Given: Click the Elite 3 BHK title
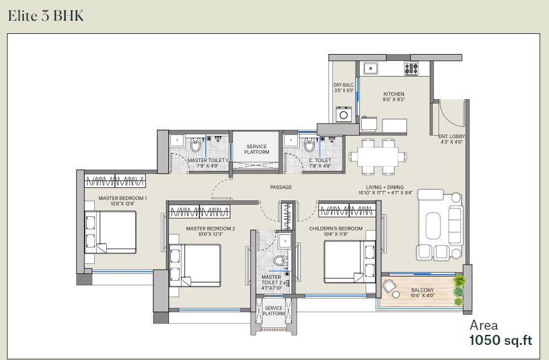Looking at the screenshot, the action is [46, 16].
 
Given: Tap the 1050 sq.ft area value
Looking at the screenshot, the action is [501, 341].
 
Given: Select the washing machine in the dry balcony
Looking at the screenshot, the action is [344, 114].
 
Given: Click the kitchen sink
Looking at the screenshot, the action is [371, 68].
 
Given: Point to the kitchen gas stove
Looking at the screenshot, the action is [411, 68].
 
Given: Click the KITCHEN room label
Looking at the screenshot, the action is [394, 94].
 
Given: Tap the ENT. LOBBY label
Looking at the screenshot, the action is [452, 136].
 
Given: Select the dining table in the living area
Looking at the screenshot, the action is [378, 156].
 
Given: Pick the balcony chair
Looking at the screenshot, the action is [389, 287].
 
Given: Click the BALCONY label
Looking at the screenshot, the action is [423, 290].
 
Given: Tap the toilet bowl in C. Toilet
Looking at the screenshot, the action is [310, 145].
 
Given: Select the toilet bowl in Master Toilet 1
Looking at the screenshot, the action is [196, 145].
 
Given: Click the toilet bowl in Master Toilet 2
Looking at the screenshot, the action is [280, 261].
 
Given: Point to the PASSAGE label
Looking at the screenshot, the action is [281, 187].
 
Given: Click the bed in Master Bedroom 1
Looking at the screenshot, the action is [111, 232].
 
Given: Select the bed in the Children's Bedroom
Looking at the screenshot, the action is [350, 261].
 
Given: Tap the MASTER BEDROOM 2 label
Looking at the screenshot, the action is [210, 229].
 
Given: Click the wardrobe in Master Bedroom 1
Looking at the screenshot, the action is [115, 181].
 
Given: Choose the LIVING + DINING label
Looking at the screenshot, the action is [385, 187].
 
